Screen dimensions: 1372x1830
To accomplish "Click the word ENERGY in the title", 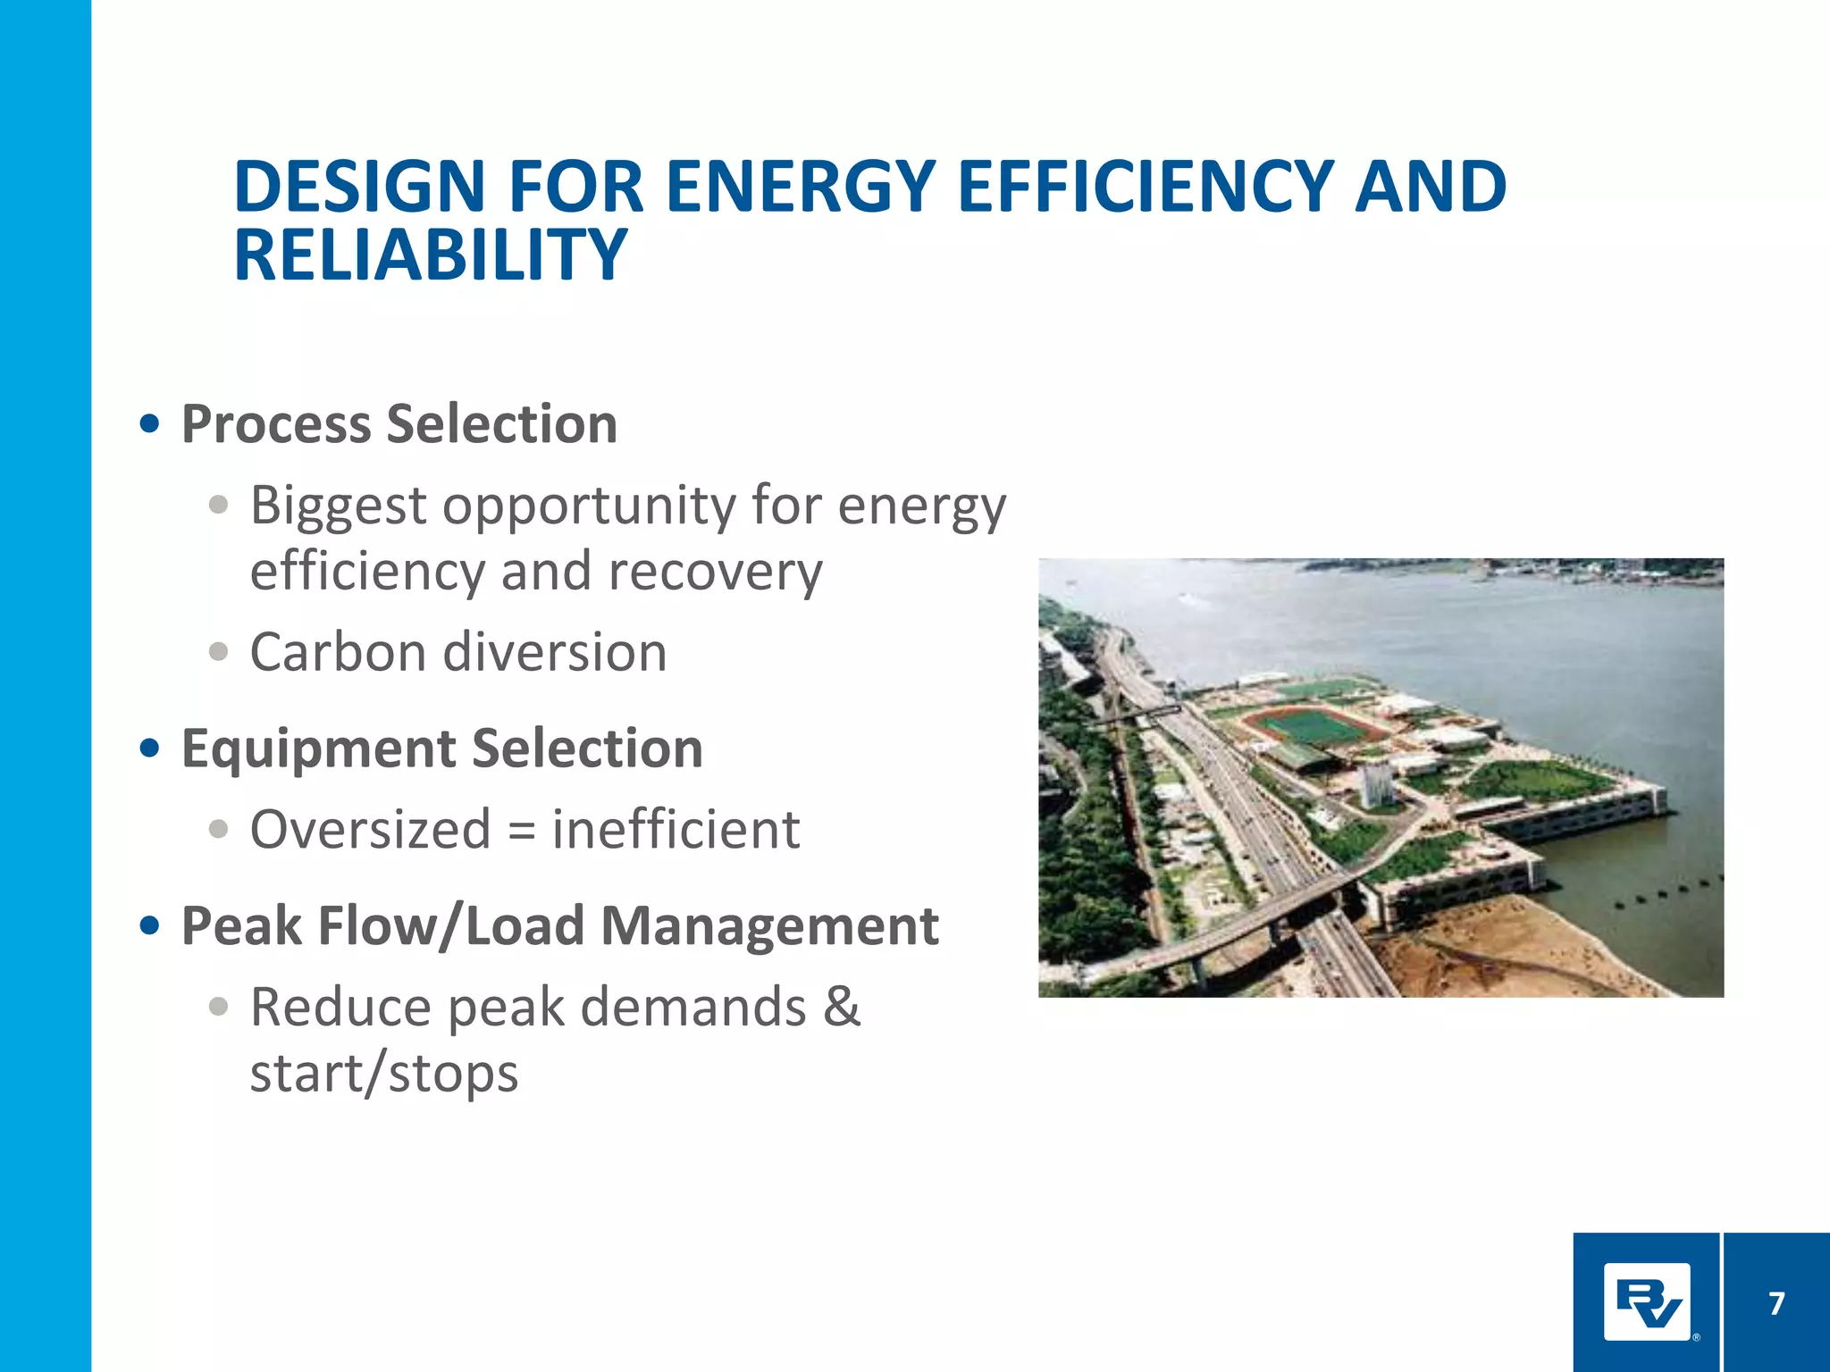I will pyautogui.click(x=801, y=188).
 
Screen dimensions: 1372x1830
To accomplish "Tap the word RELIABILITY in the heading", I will pyautogui.click(x=430, y=255).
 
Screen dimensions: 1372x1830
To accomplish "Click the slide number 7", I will pyautogui.click(x=1776, y=1303).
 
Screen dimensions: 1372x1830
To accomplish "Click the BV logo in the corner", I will pyautogui.click(x=1646, y=1302).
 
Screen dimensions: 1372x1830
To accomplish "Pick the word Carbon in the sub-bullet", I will pyautogui.click(x=338, y=652).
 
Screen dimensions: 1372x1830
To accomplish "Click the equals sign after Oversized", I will pyautogui.click(x=521, y=831).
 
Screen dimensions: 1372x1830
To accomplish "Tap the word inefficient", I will pyautogui.click(x=676, y=829).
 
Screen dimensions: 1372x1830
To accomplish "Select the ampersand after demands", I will pyautogui.click(x=841, y=1007).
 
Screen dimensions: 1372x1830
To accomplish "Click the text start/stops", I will pyautogui.click(x=384, y=1073).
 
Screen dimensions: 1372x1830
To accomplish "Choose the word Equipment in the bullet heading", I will pyautogui.click(x=319, y=749).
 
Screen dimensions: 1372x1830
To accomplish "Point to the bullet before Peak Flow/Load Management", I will pyautogui.click(x=150, y=925).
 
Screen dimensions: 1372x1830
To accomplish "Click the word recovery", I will pyautogui.click(x=715, y=572).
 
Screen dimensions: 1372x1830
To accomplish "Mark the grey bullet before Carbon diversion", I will pyautogui.click(x=218, y=651).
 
